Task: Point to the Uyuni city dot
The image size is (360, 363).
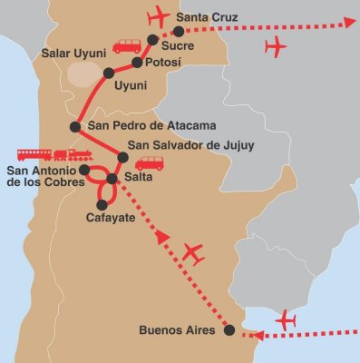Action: [x=109, y=73]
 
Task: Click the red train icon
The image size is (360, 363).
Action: [x=53, y=154]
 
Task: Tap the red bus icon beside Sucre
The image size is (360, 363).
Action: [x=127, y=45]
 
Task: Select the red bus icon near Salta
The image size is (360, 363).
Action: [x=150, y=163]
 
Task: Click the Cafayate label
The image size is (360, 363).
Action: [x=110, y=219]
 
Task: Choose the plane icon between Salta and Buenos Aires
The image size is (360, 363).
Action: [x=193, y=253]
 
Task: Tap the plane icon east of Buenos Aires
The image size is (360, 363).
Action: [x=287, y=319]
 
